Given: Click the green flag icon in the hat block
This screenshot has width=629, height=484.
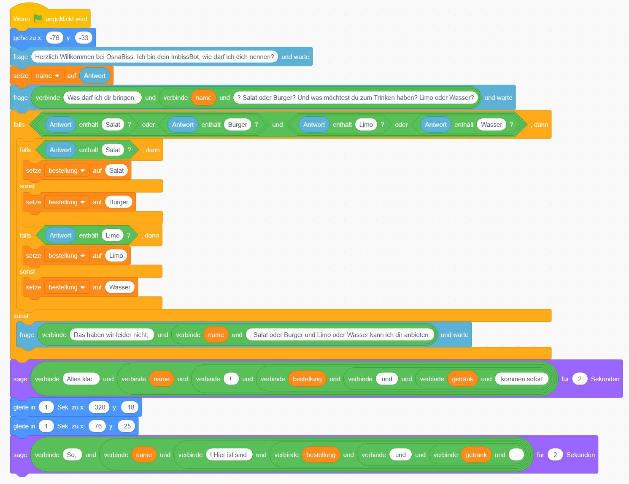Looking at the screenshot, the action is click(38, 19).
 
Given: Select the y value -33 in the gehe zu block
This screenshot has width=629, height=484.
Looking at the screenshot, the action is click(84, 38).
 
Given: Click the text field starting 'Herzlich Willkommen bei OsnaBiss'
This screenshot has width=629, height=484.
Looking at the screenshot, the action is click(154, 56).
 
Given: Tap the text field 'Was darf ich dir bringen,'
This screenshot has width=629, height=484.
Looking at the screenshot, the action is click(102, 98).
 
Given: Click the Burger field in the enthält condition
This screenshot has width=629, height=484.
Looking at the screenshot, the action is click(238, 125).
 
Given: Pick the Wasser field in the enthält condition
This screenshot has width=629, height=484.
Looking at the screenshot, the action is click(491, 125).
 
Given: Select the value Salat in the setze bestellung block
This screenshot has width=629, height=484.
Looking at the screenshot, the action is click(116, 171).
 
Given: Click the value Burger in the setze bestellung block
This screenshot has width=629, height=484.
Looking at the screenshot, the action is click(119, 202).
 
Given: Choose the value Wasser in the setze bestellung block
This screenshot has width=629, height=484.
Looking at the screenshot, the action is click(120, 287).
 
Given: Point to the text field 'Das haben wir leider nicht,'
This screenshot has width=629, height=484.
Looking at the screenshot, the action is click(111, 335).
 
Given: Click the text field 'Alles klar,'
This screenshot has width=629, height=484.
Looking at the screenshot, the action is click(81, 379).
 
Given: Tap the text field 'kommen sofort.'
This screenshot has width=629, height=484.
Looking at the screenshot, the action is click(522, 379).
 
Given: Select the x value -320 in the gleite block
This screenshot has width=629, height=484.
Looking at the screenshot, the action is click(99, 407).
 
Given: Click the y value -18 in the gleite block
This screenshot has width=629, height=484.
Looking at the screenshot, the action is click(130, 407).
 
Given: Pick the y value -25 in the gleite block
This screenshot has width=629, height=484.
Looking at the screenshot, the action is click(126, 426).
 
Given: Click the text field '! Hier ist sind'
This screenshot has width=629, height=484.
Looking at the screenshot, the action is click(229, 455).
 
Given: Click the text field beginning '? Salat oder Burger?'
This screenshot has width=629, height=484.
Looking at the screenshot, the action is click(356, 98).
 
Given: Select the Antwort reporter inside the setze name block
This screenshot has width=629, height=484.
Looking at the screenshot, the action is click(94, 76).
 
